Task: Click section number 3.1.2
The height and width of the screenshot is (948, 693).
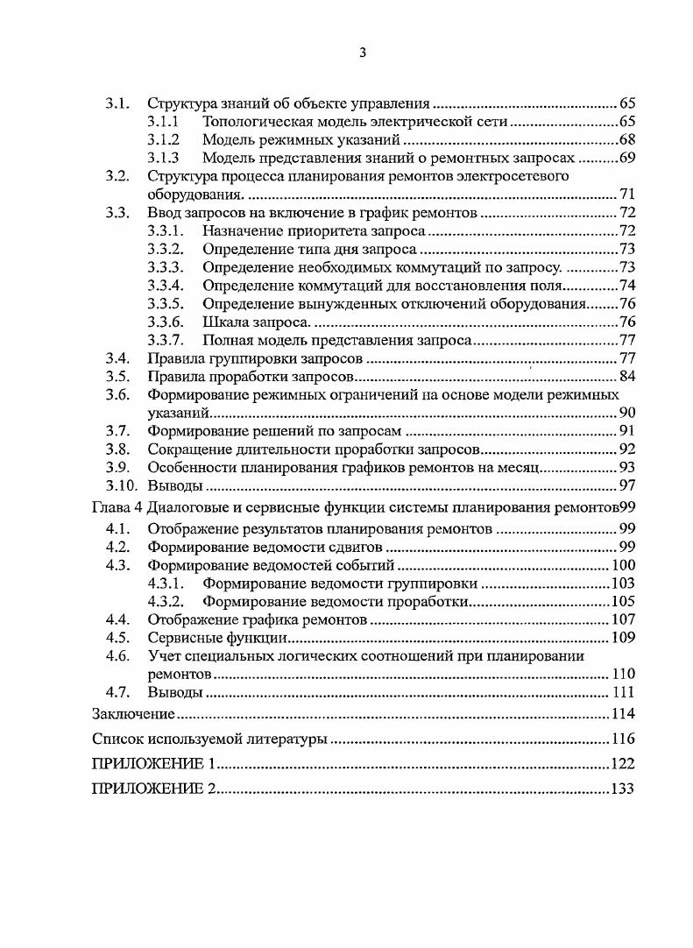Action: pos(163,139)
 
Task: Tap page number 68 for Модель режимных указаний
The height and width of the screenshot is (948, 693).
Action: pos(626,139)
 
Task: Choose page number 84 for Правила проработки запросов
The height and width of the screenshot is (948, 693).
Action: pos(626,377)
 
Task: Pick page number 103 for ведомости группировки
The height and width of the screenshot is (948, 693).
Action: pos(622,583)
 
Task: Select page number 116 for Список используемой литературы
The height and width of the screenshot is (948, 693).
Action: pos(622,738)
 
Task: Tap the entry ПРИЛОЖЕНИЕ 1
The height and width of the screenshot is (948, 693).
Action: pos(148,763)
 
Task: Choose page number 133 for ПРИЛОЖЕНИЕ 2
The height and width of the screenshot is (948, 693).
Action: pos(622,789)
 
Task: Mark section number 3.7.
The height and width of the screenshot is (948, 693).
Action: pos(118,431)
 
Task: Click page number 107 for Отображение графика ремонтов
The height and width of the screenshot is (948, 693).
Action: pos(622,619)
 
